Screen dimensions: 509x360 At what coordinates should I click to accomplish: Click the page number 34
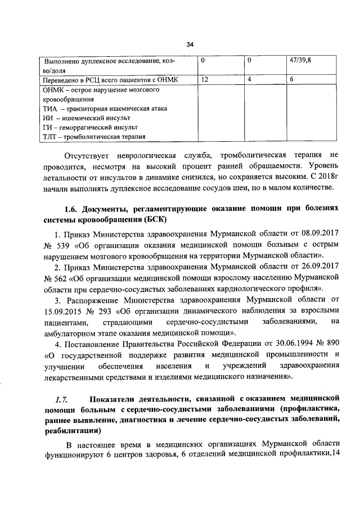point(190,45)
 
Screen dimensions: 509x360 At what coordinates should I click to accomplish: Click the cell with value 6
point(292,80)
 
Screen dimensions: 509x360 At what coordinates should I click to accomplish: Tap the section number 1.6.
point(72,208)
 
